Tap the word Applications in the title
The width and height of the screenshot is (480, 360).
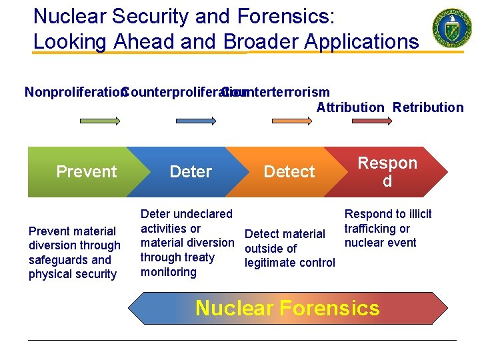[x=361, y=41]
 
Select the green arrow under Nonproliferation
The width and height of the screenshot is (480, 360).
[x=99, y=121]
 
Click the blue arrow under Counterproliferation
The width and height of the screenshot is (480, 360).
[x=195, y=121]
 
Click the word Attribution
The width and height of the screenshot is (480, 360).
[x=350, y=107]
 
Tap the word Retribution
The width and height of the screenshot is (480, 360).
[x=428, y=107]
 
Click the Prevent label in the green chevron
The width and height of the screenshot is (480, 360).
[x=87, y=171]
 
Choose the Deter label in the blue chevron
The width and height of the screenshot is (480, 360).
[x=191, y=171]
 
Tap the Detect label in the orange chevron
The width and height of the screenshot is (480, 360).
[x=289, y=171]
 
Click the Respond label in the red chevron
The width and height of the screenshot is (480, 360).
[x=387, y=171]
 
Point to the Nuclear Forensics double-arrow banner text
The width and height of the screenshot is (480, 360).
[x=287, y=308]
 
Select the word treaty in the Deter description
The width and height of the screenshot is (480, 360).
[x=199, y=257]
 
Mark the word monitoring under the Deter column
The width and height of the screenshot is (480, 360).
[x=169, y=272]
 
